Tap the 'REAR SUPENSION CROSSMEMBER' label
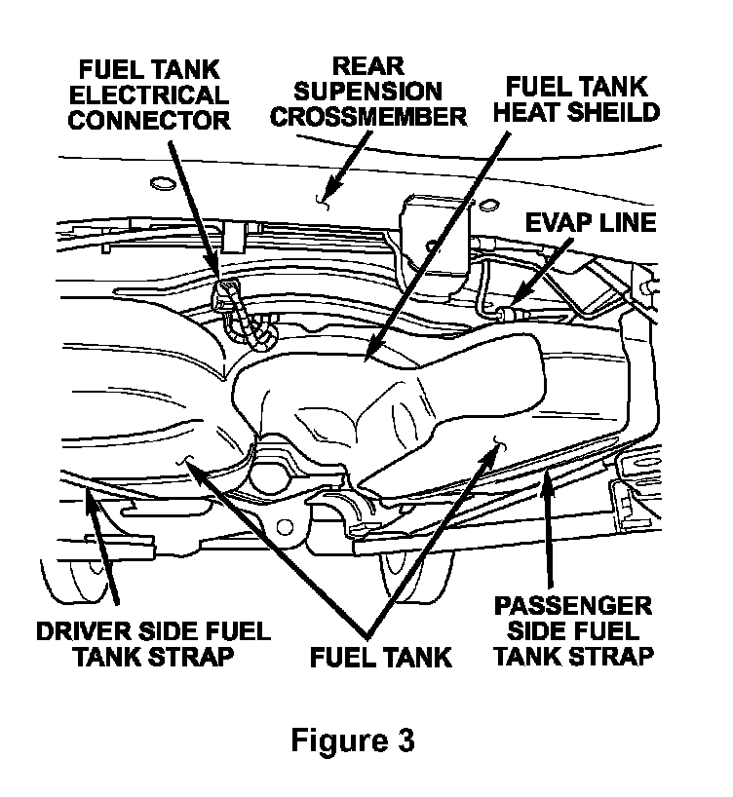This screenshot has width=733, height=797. pos(368,92)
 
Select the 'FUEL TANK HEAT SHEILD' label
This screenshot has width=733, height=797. pos(576,97)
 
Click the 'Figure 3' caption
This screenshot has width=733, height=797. pos(353,740)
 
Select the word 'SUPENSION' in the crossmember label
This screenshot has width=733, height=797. pos(368,92)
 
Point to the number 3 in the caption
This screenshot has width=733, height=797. pos(404,740)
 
